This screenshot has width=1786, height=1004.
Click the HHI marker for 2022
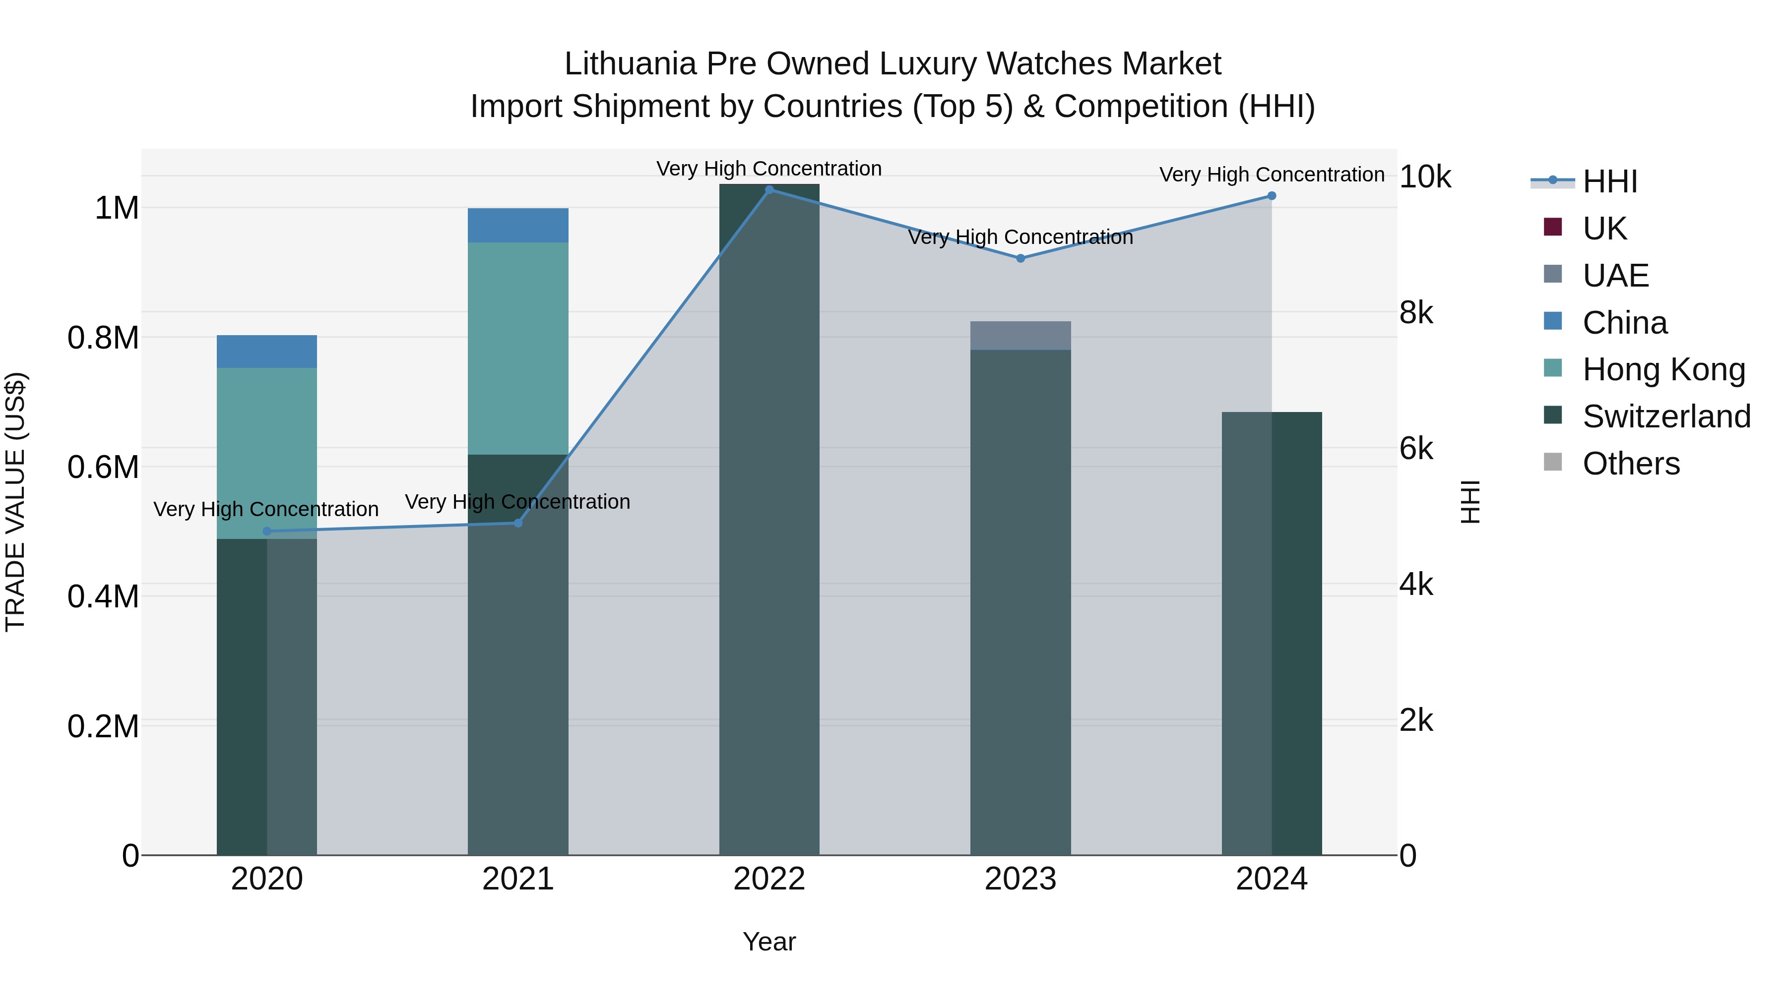[x=769, y=190]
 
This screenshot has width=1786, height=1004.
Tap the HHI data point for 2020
[x=267, y=532]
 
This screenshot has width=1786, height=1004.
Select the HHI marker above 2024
[x=1272, y=196]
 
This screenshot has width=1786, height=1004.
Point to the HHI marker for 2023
[x=1020, y=258]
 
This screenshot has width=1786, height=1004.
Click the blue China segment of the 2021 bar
[x=518, y=225]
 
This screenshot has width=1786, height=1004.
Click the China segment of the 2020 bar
[x=267, y=352]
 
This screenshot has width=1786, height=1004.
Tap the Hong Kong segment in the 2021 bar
[x=518, y=348]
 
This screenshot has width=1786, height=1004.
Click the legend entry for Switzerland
[x=1666, y=416]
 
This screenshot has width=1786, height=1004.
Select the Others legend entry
[x=1631, y=464]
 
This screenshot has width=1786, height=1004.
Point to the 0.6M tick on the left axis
[x=103, y=468]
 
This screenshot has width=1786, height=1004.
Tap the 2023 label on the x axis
[x=1020, y=879]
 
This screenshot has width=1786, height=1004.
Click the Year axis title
[x=769, y=942]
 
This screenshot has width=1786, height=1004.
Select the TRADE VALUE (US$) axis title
[x=15, y=502]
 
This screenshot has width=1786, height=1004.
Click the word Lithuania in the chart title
[x=630, y=64]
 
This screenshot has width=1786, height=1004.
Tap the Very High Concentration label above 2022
[x=769, y=169]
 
